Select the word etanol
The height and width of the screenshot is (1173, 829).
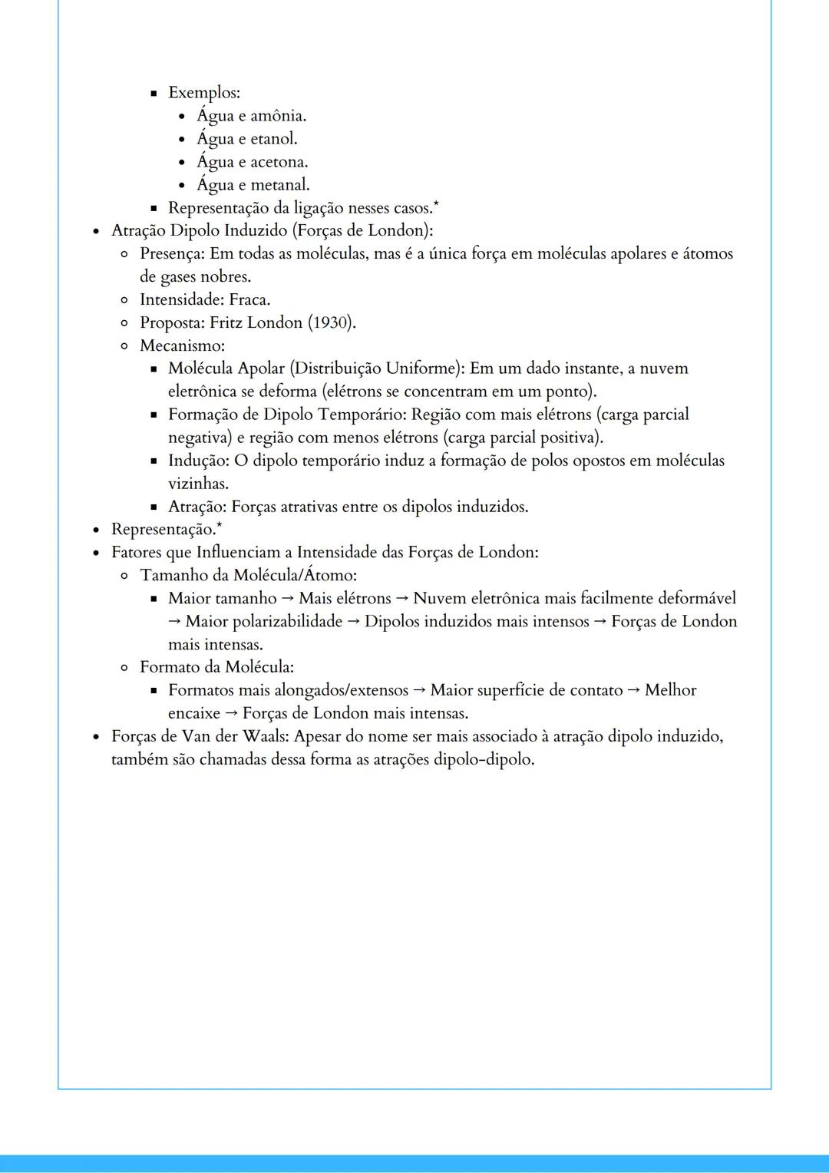273,139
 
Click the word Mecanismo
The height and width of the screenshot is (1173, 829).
180,346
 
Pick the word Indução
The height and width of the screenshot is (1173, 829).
197,461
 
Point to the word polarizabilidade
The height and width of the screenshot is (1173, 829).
264,622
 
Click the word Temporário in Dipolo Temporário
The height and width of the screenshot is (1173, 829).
362,415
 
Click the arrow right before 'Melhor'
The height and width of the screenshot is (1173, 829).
633,690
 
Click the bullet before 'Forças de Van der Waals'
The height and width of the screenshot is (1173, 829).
96,737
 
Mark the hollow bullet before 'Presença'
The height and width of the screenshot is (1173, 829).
124,254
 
